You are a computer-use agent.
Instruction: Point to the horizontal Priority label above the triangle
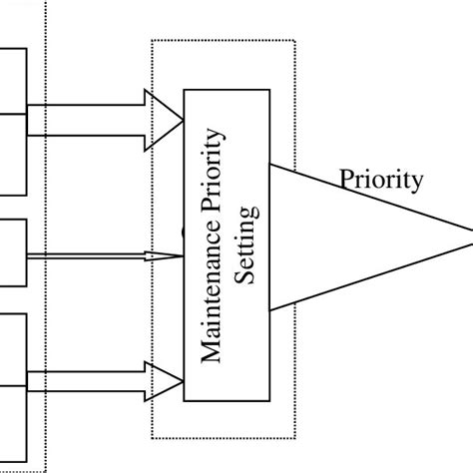pos(381,181)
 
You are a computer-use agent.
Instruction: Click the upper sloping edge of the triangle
pos(379,201)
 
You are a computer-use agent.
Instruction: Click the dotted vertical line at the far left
pos(46,249)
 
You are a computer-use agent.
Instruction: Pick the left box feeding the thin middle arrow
pos(13,254)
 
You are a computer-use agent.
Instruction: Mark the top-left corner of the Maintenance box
pos(185,88)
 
